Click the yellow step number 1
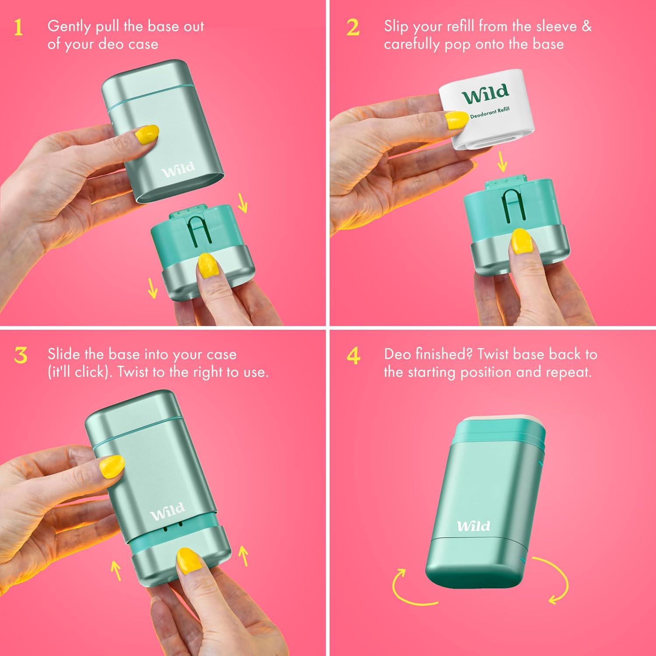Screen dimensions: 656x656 point(18,28)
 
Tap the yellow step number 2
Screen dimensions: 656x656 point(353,28)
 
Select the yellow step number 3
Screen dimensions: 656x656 point(21,356)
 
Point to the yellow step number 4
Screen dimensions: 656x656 point(353,356)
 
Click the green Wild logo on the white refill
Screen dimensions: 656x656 point(485,94)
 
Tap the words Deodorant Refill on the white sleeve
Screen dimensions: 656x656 point(490,113)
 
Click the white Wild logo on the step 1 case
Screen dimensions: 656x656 point(178,170)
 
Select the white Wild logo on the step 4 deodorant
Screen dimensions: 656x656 point(474,526)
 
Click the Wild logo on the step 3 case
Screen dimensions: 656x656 point(167,512)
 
